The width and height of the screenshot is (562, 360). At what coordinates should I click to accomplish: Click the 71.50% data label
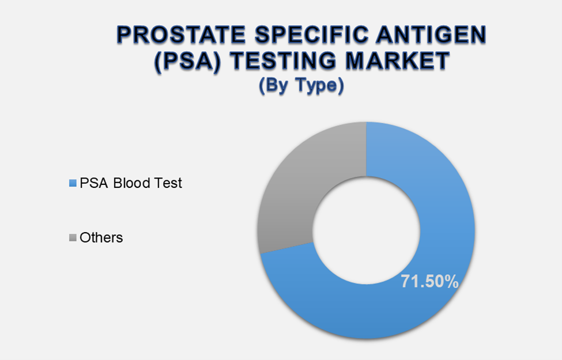(430, 282)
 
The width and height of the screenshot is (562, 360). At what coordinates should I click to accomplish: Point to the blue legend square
(73, 184)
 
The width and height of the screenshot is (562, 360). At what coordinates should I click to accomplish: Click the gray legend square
(73, 237)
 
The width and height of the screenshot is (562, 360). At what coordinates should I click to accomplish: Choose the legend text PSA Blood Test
(131, 183)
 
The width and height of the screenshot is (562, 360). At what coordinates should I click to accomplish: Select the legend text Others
(101, 237)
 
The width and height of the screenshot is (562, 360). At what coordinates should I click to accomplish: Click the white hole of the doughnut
(366, 230)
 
